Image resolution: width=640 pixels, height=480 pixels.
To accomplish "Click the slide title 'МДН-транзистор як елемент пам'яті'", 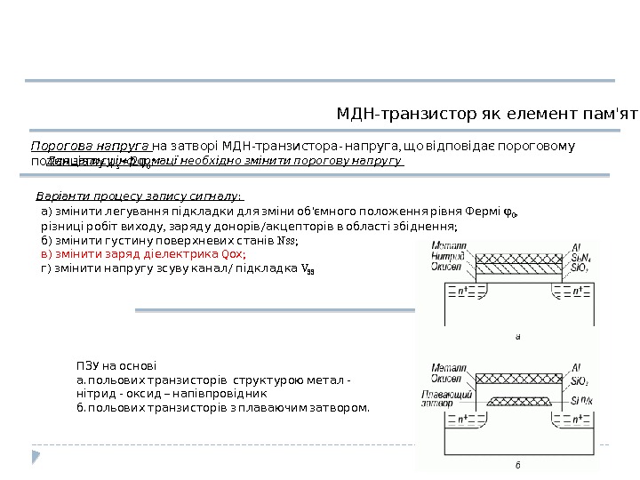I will [487, 115].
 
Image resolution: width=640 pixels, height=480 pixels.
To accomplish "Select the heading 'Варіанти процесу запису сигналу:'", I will [140, 196].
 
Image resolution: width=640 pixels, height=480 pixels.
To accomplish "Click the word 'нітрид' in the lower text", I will [96, 393].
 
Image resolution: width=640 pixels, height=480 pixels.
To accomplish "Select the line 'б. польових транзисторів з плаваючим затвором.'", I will [222, 407].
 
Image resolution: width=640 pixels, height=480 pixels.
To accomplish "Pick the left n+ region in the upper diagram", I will [463, 290].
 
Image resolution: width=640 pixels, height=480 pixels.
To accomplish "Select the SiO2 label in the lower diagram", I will [583, 380].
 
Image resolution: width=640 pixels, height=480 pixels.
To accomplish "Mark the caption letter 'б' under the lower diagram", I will [517, 464].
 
